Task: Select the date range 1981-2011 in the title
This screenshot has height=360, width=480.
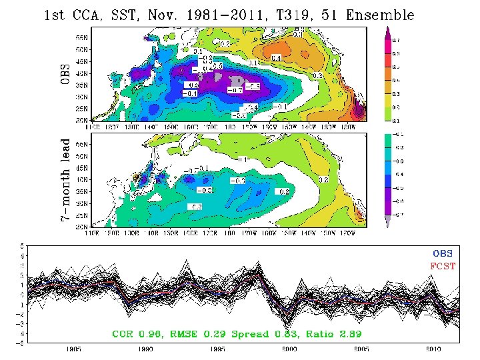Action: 226,15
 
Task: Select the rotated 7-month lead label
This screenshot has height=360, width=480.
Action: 65,181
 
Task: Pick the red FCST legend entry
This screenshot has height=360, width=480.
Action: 442,266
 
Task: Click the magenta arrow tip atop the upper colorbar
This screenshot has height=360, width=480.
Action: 389,31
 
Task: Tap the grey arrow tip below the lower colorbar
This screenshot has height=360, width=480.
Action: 389,222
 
